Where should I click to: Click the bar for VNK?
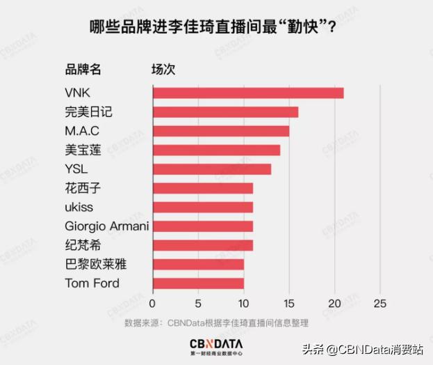[x=247, y=93]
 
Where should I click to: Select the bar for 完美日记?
[x=225, y=112]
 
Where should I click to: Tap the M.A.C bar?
[x=220, y=131]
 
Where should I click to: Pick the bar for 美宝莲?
[x=216, y=150]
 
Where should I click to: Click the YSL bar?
[x=211, y=169]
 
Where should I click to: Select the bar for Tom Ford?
[x=198, y=283]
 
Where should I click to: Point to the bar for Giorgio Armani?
[x=202, y=226]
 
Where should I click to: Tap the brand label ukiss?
[x=78, y=207]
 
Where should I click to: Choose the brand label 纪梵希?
[x=81, y=245]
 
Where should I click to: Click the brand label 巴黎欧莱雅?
[x=95, y=264]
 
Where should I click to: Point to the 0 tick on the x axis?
[x=153, y=304]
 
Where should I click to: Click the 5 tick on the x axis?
[x=198, y=304]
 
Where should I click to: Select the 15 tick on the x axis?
[x=288, y=304]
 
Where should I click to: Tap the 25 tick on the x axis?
[x=379, y=304]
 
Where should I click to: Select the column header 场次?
[x=164, y=68]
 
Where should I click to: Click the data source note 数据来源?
[x=215, y=323]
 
